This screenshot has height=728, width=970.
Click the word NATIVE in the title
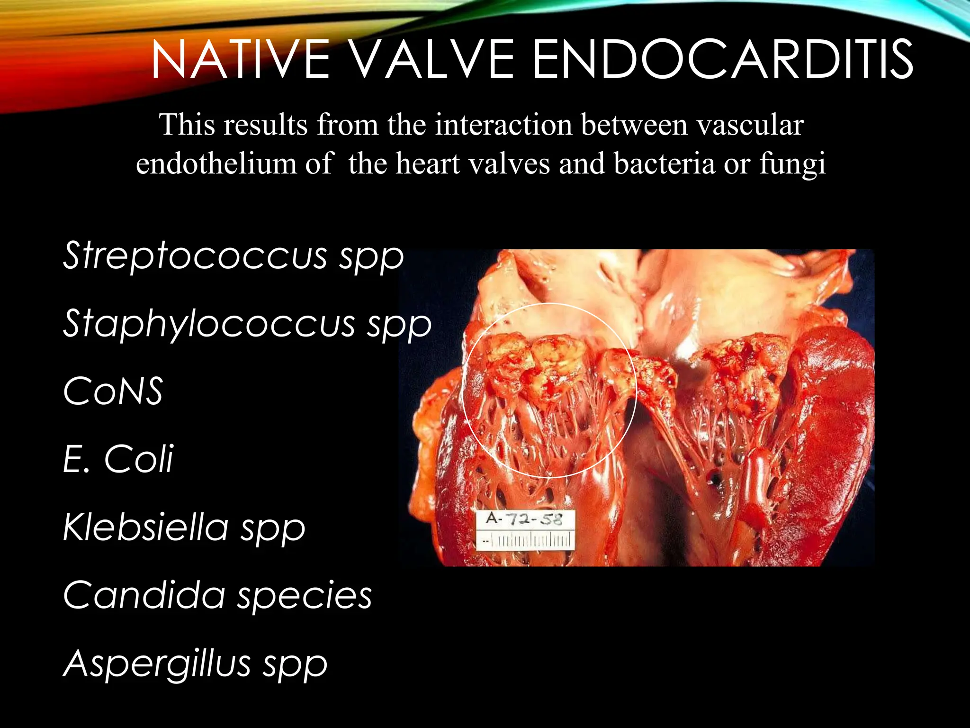[x=241, y=60]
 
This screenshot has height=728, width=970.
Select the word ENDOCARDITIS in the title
[x=723, y=60]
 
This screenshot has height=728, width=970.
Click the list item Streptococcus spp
[x=233, y=256]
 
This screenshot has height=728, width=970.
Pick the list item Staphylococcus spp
[x=247, y=324]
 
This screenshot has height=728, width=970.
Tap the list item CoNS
[x=113, y=391]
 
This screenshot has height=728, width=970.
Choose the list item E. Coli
[x=118, y=459]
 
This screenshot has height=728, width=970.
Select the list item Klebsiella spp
[x=184, y=528]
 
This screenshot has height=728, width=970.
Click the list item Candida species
[x=217, y=595]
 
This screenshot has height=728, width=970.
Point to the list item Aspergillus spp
[x=195, y=664]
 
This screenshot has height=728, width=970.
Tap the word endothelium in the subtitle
[x=216, y=164]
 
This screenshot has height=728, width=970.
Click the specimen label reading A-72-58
[x=524, y=519]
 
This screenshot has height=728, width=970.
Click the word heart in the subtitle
[x=428, y=164]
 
